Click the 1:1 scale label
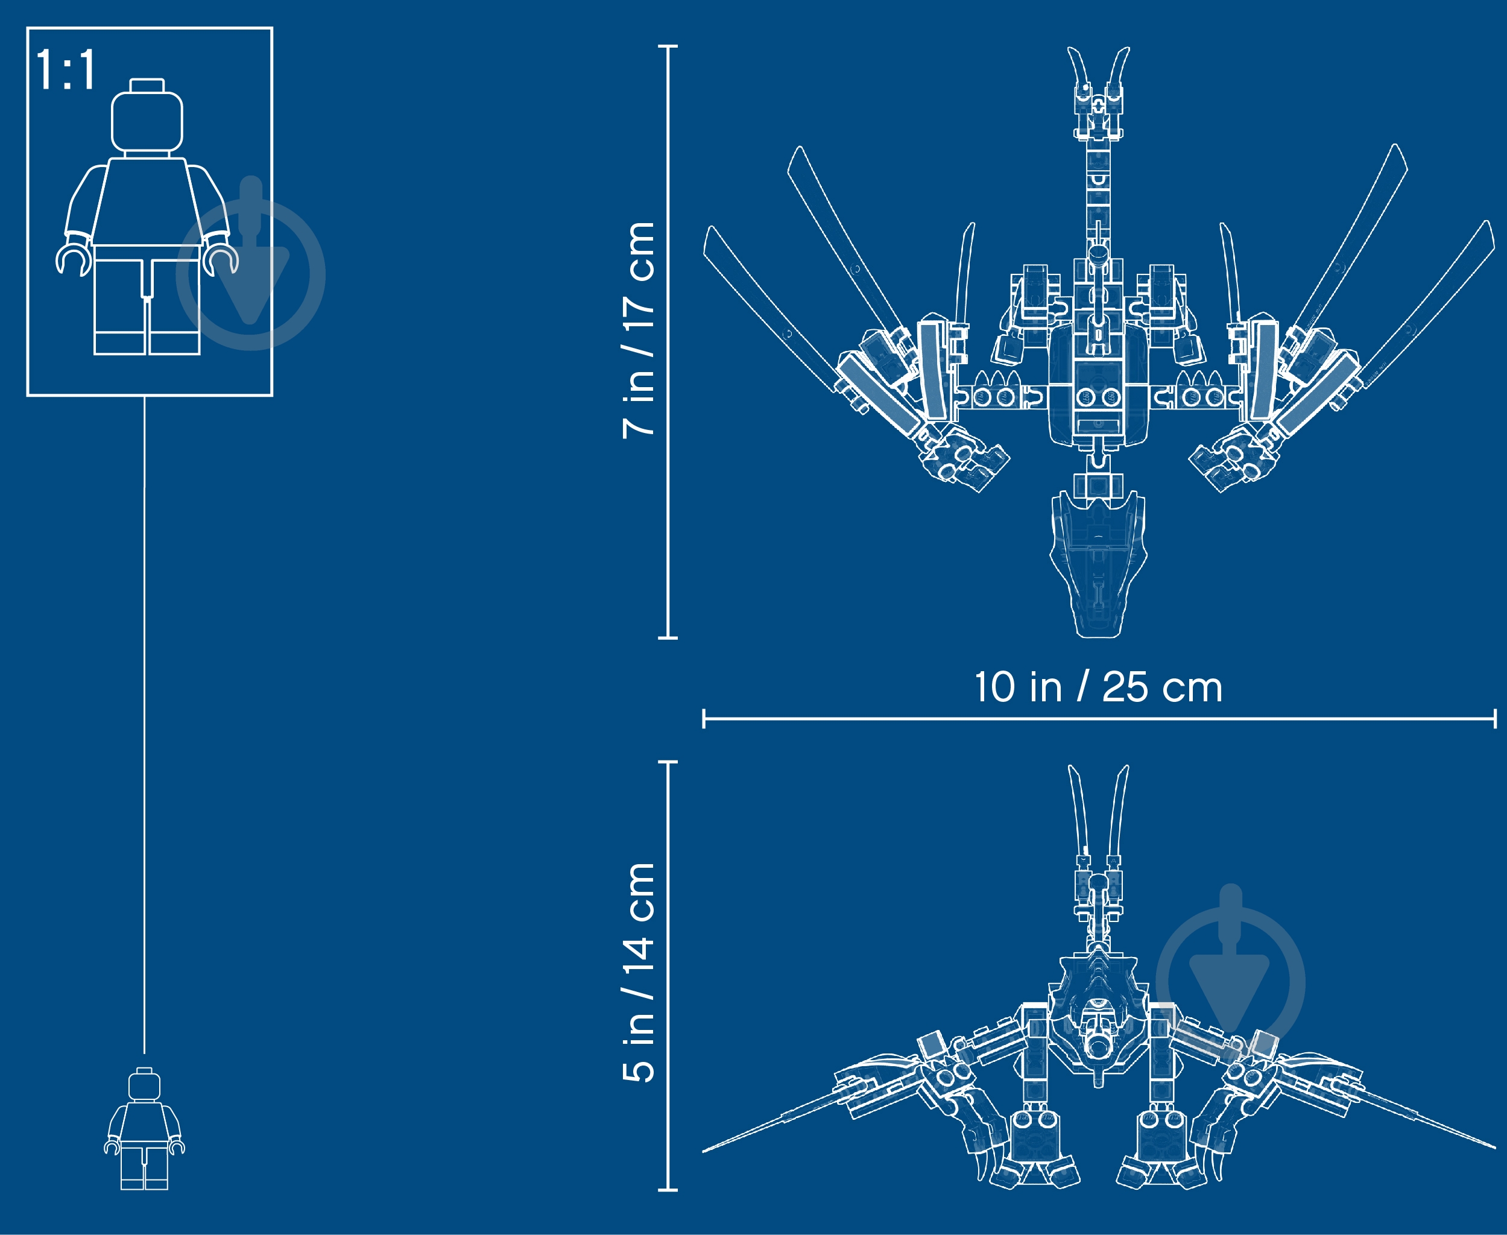click(66, 70)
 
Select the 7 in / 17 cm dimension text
click(638, 330)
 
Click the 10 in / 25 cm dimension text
click(1099, 687)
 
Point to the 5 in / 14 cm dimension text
click(638, 973)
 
